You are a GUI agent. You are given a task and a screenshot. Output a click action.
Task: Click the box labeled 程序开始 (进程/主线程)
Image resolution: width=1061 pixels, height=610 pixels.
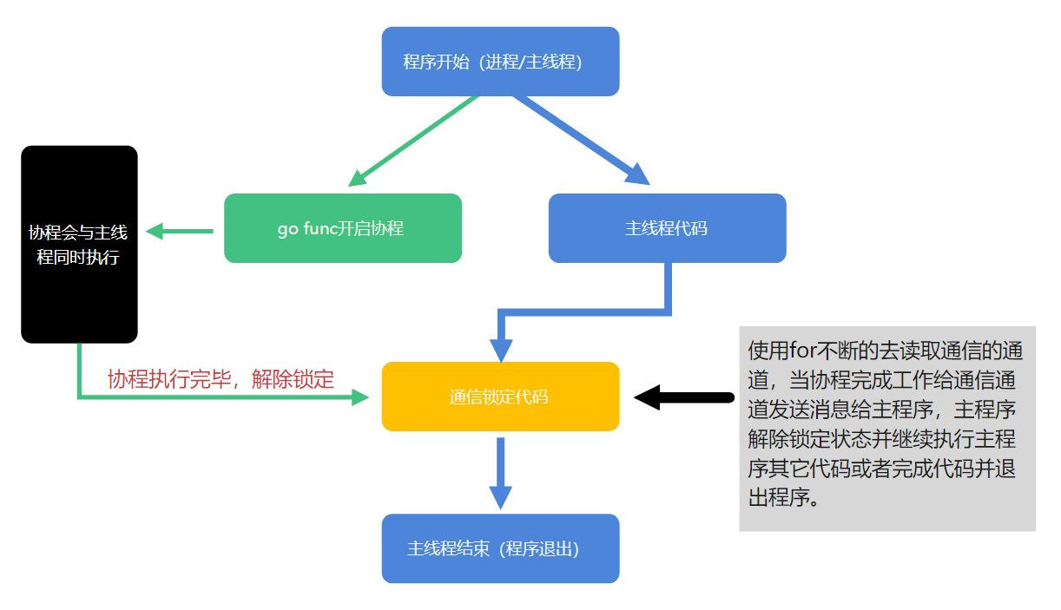pyautogui.click(x=500, y=62)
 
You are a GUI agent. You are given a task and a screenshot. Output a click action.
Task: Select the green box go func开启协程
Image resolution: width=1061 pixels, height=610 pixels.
pyautogui.click(x=342, y=228)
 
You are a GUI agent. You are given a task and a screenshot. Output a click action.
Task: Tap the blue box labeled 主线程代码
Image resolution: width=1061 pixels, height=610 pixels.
pyautogui.click(x=667, y=228)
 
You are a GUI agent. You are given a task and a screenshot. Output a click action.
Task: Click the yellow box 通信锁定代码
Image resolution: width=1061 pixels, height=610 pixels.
pyautogui.click(x=500, y=397)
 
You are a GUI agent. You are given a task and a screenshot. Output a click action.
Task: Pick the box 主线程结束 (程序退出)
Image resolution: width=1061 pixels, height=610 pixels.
pyautogui.click(x=500, y=548)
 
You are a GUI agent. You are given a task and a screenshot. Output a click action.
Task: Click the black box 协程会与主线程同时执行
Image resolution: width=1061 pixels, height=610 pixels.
pyautogui.click(x=79, y=244)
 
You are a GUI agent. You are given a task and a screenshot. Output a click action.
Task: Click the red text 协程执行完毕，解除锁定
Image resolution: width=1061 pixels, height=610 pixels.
pyautogui.click(x=221, y=378)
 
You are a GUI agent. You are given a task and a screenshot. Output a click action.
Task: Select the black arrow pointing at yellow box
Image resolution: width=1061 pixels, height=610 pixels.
pyautogui.click(x=686, y=397)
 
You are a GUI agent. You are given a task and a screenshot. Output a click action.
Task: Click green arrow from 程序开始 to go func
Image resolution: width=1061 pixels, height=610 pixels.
pyautogui.click(x=412, y=141)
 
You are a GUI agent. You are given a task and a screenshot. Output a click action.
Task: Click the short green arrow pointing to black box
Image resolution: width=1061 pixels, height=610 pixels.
pyautogui.click(x=180, y=232)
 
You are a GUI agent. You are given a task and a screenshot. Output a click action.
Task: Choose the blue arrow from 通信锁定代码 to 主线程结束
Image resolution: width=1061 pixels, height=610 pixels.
pyautogui.click(x=500, y=472)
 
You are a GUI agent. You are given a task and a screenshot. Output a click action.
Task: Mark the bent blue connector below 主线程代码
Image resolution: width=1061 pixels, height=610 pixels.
pyautogui.click(x=590, y=311)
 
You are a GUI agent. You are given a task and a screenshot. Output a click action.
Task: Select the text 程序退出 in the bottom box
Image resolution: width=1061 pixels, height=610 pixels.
pyautogui.click(x=538, y=548)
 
